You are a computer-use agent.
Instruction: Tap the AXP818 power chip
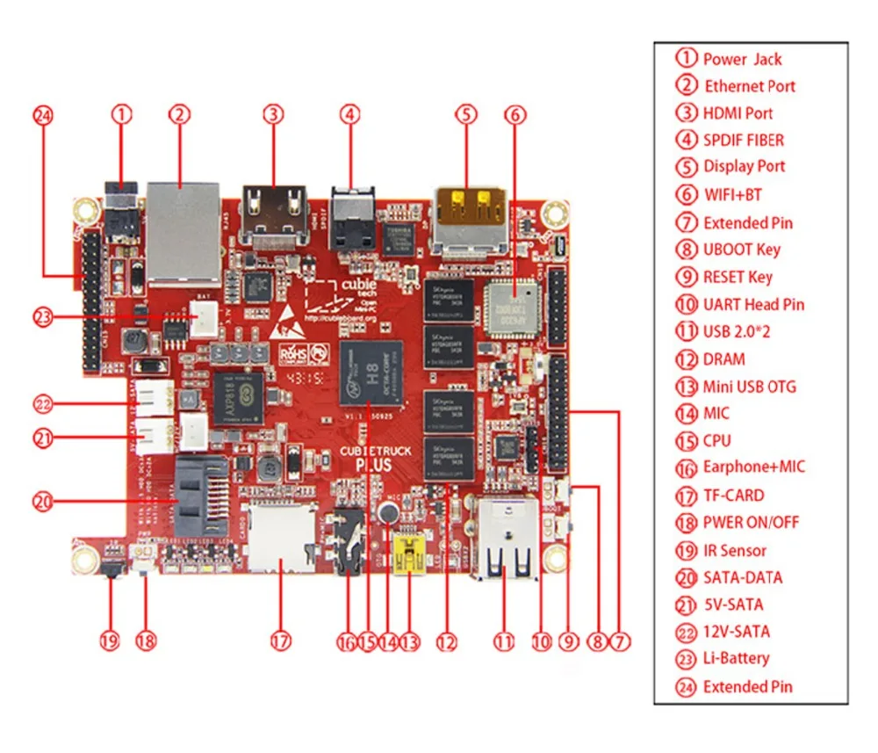[238, 396]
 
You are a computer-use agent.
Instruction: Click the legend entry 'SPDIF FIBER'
[743, 140]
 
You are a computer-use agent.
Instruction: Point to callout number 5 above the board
[466, 113]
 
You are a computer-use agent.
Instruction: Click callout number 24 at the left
[43, 114]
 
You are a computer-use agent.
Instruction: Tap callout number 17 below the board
[279, 642]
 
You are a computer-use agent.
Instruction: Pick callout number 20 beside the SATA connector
[43, 502]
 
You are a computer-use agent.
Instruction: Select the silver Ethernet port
[182, 229]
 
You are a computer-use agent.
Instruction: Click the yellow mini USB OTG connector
[410, 556]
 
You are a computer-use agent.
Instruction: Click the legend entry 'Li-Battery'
[736, 658]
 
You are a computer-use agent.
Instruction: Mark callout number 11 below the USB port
[502, 642]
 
